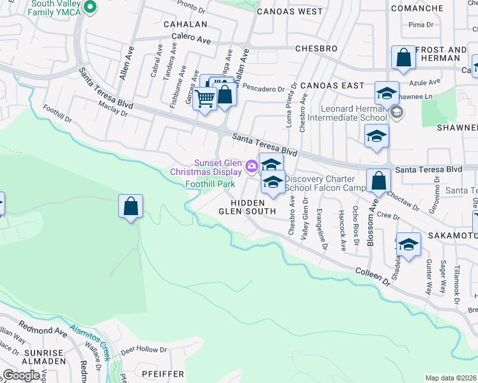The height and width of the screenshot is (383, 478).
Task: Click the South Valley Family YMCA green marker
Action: [90, 7]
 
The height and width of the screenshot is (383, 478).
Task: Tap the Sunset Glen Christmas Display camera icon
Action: [252, 165]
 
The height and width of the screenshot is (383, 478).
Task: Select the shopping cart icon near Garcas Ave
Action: [205, 99]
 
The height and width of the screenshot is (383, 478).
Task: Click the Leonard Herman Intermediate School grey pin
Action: [396, 113]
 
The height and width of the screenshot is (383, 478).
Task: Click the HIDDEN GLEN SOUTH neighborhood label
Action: [247, 206]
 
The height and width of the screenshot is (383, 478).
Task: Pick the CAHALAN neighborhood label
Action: [186, 24]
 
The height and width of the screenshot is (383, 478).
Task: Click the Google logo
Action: [22, 375]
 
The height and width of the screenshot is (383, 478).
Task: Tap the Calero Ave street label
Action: [190, 39]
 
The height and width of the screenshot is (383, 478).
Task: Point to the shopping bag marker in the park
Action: [130, 207]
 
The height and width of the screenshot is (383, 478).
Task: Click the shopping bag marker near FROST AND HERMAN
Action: [404, 57]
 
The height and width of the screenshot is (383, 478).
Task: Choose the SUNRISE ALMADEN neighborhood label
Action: [43, 356]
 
